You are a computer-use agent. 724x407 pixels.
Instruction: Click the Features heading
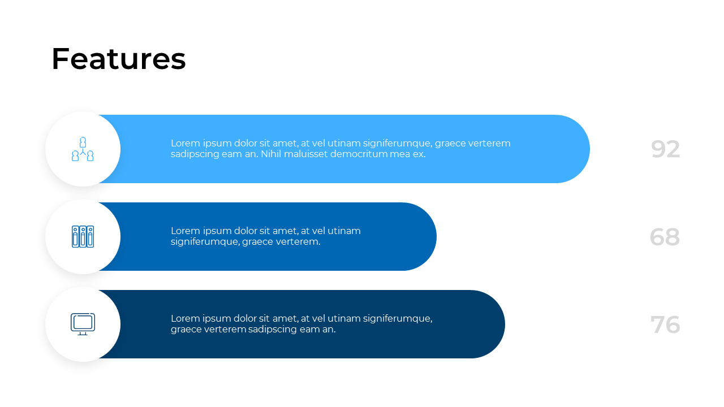[118, 59]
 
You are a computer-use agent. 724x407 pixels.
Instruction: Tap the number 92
[665, 149]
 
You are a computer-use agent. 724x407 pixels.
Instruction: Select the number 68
[665, 237]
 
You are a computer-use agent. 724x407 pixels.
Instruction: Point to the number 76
[665, 324]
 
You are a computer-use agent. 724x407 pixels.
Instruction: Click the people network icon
[83, 149]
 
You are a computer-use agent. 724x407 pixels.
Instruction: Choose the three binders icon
[83, 236]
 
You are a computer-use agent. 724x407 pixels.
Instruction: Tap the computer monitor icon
[83, 324]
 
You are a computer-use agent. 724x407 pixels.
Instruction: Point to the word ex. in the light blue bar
[419, 154]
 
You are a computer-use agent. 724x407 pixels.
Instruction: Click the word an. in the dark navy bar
[329, 329]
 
